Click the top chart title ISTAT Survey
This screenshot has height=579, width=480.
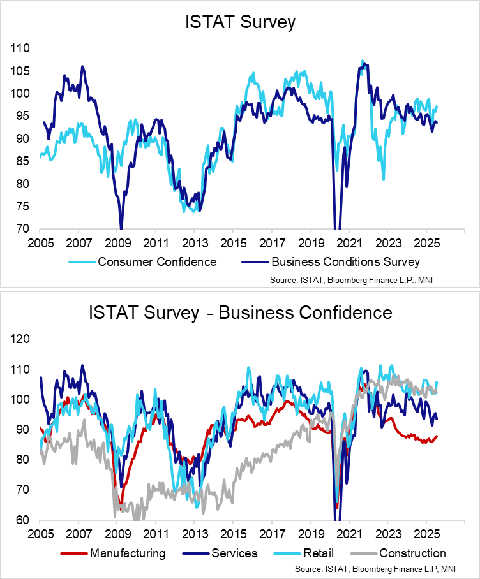[x=240, y=24]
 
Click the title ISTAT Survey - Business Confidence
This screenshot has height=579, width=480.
[x=240, y=313]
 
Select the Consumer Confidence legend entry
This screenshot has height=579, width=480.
[x=156, y=261]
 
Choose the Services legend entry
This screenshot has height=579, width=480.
[x=234, y=553]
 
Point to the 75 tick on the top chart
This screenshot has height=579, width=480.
[x=22, y=207]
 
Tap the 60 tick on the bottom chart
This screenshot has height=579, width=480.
[x=22, y=520]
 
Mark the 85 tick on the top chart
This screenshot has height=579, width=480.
[x=22, y=161]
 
